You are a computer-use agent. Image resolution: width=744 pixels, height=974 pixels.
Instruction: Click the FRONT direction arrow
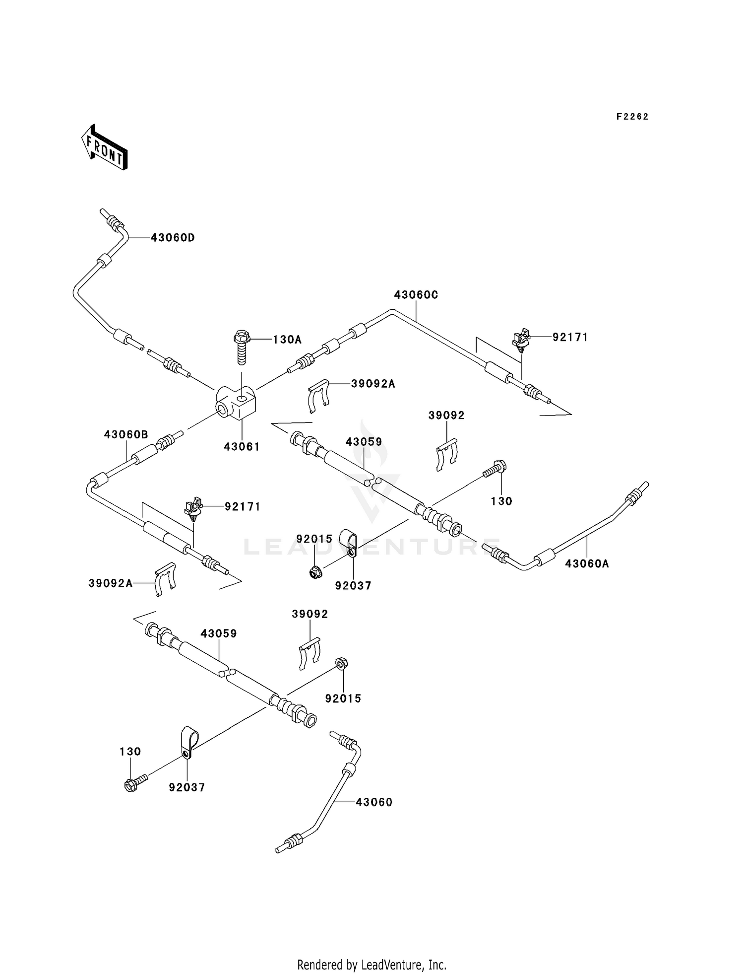point(104,147)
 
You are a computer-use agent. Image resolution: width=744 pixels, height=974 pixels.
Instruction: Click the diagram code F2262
point(632,117)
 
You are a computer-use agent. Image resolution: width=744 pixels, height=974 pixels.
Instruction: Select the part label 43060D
point(173,238)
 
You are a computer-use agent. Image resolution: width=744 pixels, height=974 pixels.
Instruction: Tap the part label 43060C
point(416,295)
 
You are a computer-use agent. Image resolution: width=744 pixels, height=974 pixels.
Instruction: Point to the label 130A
point(287,340)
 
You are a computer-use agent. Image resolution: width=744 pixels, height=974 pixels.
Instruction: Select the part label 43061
point(242,446)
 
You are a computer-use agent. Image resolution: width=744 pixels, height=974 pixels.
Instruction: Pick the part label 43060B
point(126,435)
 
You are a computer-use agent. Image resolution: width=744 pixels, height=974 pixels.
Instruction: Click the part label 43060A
point(587,563)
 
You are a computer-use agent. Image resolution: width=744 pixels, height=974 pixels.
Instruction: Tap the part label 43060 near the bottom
point(373,802)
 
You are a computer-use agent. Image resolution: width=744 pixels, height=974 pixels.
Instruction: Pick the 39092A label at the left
point(111,583)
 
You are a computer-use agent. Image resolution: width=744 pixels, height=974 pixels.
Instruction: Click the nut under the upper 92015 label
point(314,573)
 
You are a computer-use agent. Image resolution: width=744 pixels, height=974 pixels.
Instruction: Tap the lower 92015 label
point(343,698)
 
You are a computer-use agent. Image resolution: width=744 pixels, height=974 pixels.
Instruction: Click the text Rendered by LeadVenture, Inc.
point(372,965)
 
